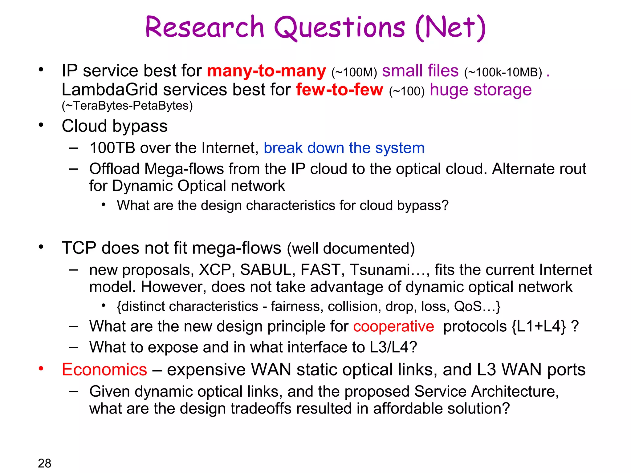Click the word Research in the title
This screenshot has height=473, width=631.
(204, 28)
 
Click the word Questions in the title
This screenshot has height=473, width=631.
(339, 28)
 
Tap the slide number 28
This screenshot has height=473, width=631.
(44, 463)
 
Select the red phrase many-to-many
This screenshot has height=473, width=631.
(266, 71)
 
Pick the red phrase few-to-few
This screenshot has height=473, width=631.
(340, 90)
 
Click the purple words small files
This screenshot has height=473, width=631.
(420, 71)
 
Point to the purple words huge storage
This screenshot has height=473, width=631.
(481, 90)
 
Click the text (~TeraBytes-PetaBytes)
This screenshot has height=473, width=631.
(127, 106)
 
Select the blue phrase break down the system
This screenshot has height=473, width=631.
(344, 148)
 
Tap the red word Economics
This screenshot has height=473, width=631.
(104, 370)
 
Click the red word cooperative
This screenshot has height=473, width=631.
(393, 326)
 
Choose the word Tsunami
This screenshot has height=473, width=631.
(380, 270)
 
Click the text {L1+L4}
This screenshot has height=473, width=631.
(539, 326)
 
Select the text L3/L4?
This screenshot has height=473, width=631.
(393, 347)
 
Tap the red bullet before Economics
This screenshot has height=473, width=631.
(41, 369)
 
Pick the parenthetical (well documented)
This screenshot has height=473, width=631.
(351, 249)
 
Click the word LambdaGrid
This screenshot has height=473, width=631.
(110, 90)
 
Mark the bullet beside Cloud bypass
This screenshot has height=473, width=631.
(41, 125)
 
